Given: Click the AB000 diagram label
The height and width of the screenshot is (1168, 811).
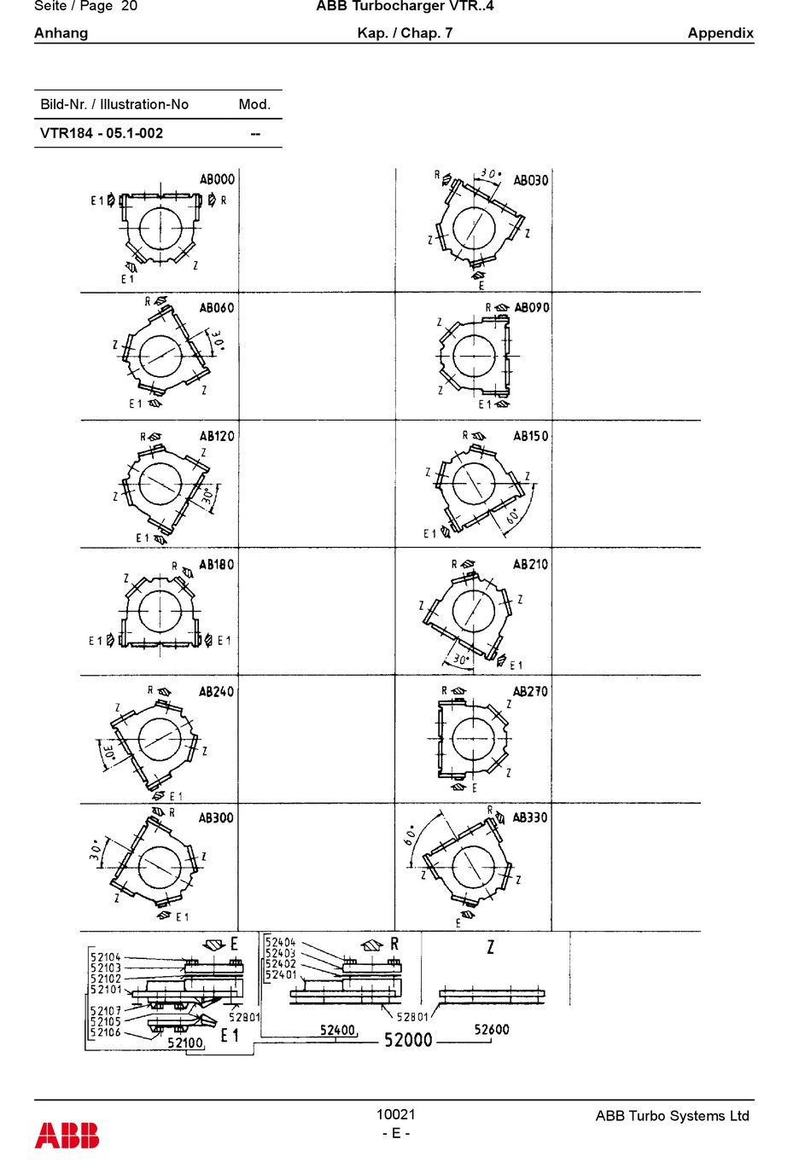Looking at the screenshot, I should click(217, 179).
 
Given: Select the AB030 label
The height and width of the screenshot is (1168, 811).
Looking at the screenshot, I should click(530, 180).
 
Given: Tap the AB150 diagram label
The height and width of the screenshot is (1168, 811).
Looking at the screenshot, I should click(530, 436).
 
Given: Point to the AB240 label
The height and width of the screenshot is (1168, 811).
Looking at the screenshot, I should click(216, 692).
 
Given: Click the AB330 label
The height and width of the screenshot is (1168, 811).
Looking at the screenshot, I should click(529, 817).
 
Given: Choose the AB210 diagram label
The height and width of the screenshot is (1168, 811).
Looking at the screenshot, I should click(530, 564).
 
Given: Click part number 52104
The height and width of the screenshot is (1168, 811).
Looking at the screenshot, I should click(106, 957).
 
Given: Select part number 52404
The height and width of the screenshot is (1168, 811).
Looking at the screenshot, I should click(280, 943).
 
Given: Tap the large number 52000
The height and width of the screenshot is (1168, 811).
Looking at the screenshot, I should click(408, 1039).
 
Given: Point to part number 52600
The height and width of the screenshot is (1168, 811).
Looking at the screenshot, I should click(492, 1029).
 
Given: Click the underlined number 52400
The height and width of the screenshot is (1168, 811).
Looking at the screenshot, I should click(337, 1030).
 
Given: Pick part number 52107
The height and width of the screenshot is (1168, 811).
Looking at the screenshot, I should click(106, 1011).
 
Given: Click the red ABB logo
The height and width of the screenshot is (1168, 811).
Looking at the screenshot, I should click(67, 1136).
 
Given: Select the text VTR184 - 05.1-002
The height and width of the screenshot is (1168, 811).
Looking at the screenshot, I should click(102, 133).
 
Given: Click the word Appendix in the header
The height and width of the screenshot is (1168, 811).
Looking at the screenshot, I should click(721, 33).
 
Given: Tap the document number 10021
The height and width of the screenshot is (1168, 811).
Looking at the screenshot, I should click(395, 1113).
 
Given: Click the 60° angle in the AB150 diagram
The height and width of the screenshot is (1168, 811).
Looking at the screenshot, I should click(512, 516).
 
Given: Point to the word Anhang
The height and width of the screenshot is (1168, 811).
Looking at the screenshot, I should click(61, 33).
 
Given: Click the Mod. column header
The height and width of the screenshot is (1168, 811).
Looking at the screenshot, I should click(254, 104).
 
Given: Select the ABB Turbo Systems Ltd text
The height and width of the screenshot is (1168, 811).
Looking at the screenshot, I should click(672, 1116).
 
